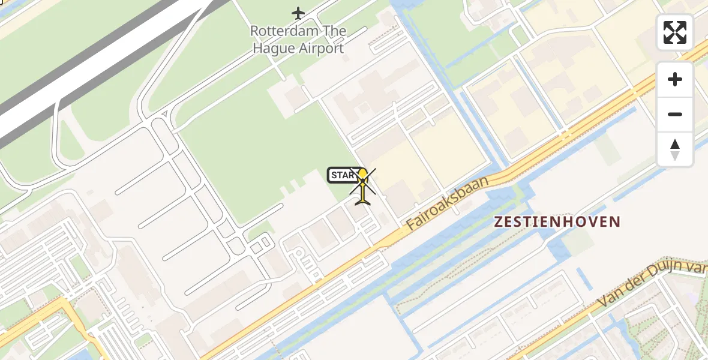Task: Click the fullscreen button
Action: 675,32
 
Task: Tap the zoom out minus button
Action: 675,114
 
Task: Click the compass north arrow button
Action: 675,149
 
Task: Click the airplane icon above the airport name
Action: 298,13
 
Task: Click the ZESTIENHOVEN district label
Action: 557,221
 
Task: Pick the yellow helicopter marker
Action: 362,186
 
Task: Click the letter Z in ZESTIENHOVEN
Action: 499,221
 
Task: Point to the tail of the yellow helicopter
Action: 363,201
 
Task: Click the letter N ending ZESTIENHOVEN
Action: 614,221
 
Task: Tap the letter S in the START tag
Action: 335,175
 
